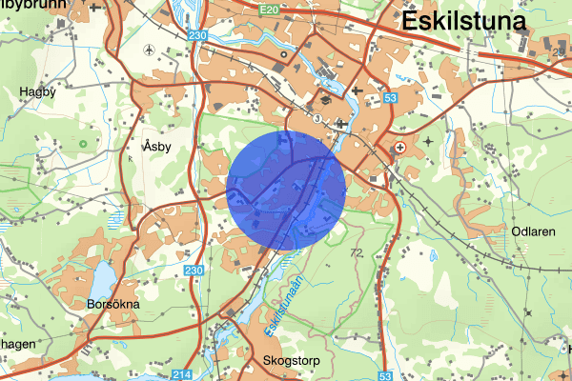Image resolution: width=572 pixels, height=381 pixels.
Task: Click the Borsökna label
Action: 112,305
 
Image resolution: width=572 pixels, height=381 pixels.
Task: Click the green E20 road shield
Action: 269,8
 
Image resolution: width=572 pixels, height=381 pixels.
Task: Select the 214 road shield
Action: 184,375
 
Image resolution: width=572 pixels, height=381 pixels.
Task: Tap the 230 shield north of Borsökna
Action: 194,272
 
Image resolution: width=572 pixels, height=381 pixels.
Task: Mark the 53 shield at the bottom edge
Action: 385,375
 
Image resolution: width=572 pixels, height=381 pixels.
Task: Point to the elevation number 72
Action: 357,253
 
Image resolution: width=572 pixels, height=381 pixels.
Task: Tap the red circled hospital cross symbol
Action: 400,149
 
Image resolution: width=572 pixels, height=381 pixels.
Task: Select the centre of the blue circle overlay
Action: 286,191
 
